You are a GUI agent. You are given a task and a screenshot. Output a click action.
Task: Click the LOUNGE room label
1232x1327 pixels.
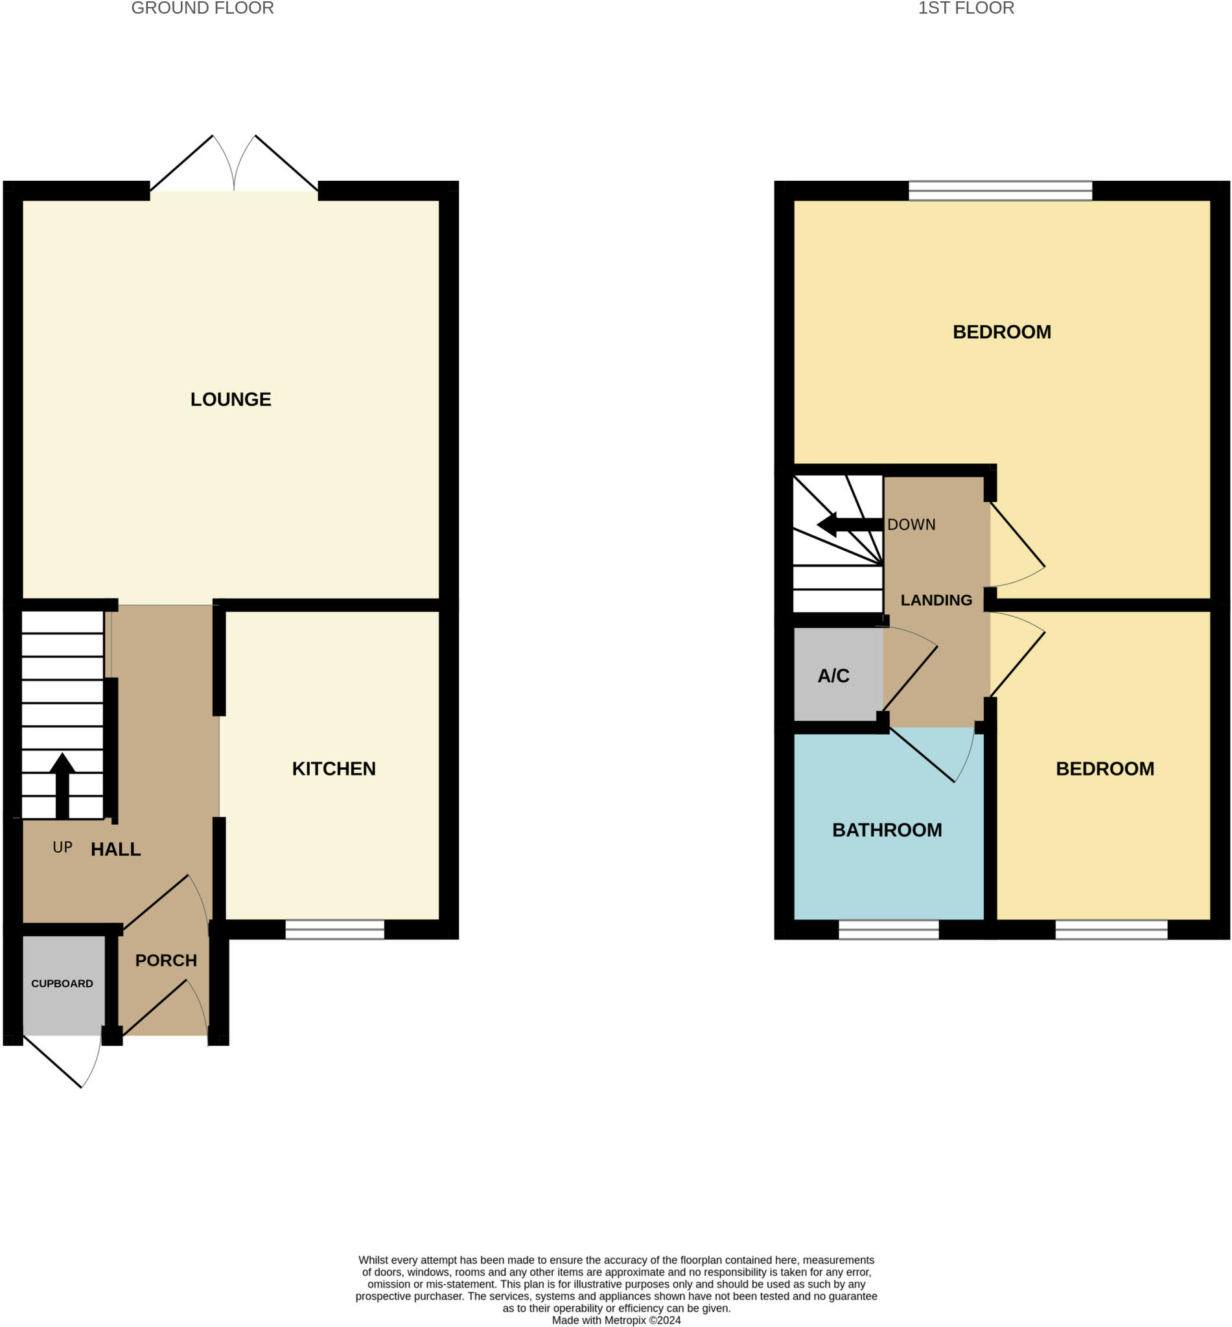[231, 399]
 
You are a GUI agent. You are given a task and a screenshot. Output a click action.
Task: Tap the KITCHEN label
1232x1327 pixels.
[333, 768]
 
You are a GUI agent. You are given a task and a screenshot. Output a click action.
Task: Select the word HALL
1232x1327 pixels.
[116, 849]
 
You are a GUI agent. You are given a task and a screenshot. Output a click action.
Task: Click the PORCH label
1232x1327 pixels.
[166, 960]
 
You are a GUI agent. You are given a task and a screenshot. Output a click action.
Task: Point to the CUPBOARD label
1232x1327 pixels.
[62, 984]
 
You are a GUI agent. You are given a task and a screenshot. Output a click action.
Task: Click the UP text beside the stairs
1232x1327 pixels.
[63, 847]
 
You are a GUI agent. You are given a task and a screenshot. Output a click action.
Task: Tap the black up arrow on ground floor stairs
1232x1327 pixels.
[62, 783]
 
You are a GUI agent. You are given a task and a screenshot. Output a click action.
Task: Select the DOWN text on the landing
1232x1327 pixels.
[911, 525]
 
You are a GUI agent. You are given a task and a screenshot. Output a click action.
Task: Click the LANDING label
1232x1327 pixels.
[936, 601]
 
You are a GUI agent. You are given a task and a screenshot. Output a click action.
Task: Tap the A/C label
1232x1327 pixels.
[833, 676]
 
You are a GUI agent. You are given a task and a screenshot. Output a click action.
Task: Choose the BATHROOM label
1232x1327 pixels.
[887, 830]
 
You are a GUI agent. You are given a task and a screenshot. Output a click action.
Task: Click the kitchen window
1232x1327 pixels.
[334, 929]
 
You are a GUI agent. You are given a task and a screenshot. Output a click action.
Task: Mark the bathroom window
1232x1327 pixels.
[888, 929]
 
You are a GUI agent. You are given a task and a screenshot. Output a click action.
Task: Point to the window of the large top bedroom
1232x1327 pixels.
[1000, 190]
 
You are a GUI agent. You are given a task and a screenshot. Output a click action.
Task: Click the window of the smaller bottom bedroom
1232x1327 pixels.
[1111, 929]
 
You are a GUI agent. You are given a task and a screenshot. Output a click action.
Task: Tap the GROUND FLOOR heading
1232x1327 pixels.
[203, 8]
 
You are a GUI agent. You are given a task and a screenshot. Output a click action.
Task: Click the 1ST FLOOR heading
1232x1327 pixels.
[966, 8]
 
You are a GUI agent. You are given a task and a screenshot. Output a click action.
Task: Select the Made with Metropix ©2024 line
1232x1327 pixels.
[616, 1320]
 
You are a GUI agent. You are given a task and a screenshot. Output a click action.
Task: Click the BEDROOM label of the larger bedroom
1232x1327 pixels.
[1001, 332]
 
